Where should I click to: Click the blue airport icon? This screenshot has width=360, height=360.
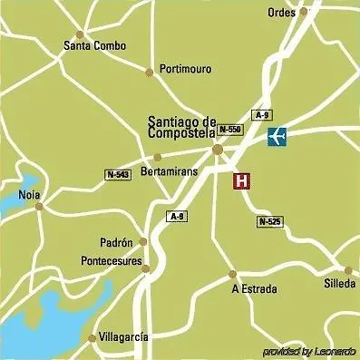(x=278, y=136)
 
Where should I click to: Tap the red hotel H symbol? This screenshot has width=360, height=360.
(x=242, y=180)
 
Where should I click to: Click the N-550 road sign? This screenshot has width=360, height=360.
(x=230, y=130)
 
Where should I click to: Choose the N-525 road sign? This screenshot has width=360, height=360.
(x=268, y=220)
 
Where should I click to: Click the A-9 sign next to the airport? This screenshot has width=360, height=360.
(x=262, y=115)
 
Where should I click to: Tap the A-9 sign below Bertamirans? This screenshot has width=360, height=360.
(x=177, y=216)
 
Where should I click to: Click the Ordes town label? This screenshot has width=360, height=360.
(x=282, y=13)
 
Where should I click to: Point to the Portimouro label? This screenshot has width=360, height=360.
(x=184, y=69)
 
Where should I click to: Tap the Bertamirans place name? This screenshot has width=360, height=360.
(x=170, y=171)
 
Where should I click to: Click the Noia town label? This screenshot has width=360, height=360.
(x=29, y=195)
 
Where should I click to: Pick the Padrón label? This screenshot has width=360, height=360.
(x=117, y=242)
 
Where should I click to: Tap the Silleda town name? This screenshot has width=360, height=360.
(x=337, y=284)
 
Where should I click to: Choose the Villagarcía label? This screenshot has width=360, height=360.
(x=124, y=336)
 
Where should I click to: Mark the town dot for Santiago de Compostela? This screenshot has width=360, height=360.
(x=218, y=151)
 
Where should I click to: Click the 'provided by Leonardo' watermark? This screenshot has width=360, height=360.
(x=309, y=351)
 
